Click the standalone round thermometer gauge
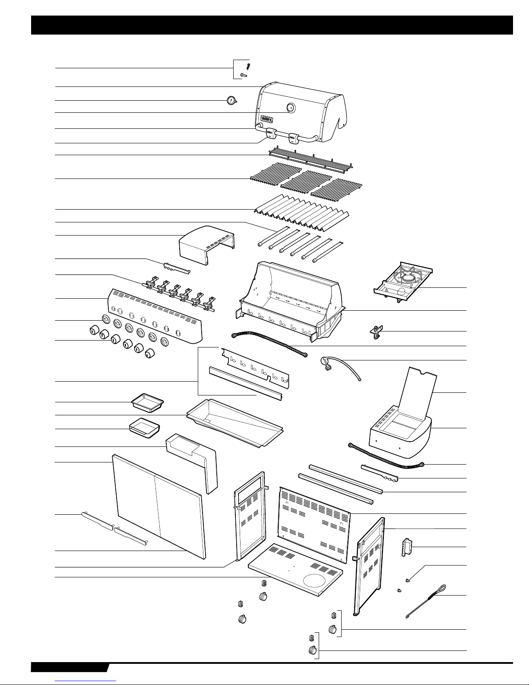coord(231,101)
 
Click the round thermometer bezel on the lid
coord(291,108)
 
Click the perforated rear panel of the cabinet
coord(314,523)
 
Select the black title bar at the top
coord(272,25)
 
